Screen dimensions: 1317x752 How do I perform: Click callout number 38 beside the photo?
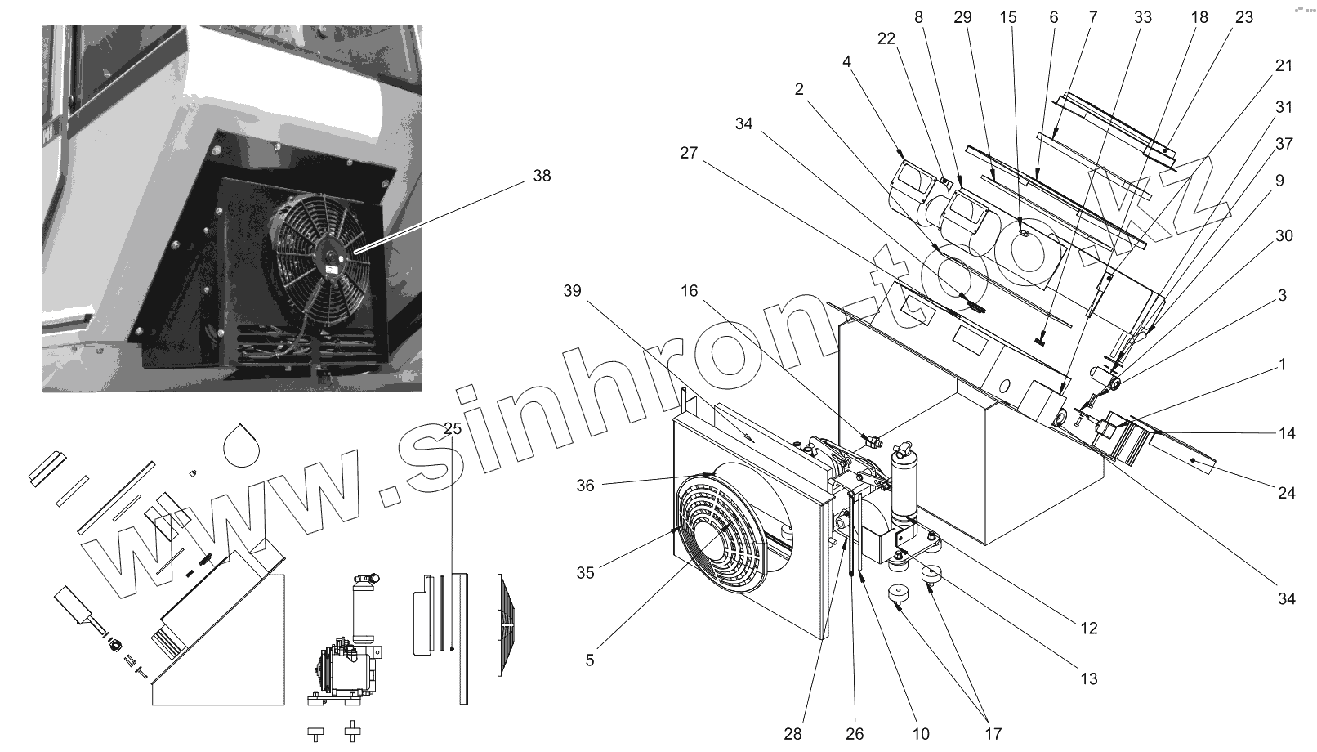pyautogui.click(x=542, y=176)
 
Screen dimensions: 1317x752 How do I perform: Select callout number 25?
pyautogui.click(x=453, y=428)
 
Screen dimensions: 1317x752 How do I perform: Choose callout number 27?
pyautogui.click(x=689, y=153)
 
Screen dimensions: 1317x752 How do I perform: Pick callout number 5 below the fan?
pyautogui.click(x=590, y=660)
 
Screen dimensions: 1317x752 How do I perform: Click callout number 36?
pyautogui.click(x=585, y=486)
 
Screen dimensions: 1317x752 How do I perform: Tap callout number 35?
pyautogui.click(x=585, y=572)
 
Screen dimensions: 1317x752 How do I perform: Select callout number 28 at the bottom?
pyautogui.click(x=792, y=734)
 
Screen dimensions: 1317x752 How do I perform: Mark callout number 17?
pyautogui.click(x=993, y=734)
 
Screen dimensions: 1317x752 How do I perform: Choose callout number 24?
pyautogui.click(x=1287, y=493)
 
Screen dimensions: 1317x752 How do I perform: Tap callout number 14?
pyautogui.click(x=1287, y=433)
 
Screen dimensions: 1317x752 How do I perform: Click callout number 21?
pyautogui.click(x=1284, y=65)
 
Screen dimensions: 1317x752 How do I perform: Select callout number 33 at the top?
pyautogui.click(x=1143, y=17)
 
